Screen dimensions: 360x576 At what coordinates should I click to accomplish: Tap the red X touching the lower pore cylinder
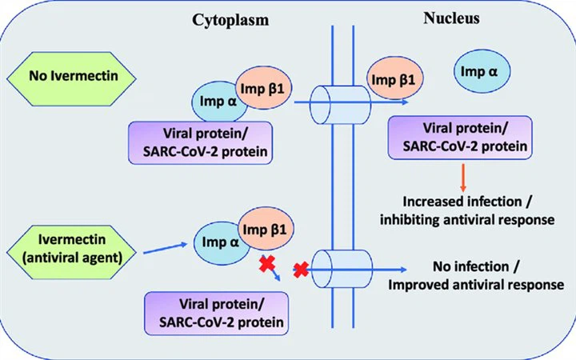click(302, 270)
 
